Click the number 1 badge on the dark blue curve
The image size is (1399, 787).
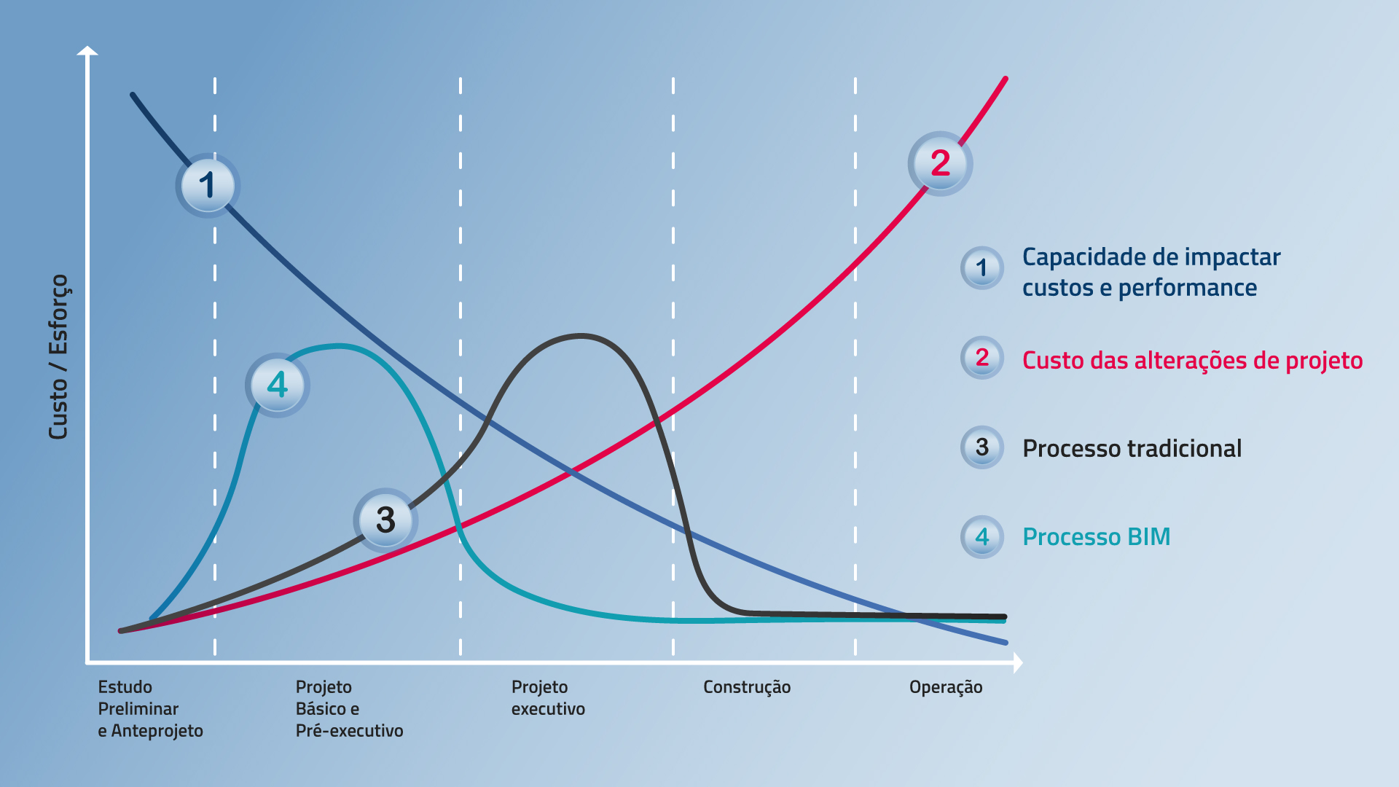208,185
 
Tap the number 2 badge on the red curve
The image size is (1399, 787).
940,163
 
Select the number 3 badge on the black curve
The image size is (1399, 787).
385,520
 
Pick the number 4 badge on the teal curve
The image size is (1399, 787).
278,385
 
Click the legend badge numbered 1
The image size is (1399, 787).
982,268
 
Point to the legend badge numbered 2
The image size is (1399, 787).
982,358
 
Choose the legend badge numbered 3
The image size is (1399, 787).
982,447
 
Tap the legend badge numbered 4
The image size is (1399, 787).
982,537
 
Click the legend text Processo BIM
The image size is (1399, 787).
1097,537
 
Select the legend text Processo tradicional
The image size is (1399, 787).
1132,448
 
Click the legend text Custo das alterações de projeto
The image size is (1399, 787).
1192,360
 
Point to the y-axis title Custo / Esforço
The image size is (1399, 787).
58,357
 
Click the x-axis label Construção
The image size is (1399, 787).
747,687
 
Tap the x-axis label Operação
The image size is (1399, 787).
946,687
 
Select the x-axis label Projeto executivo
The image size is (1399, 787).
548,697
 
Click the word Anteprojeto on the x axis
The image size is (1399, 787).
157,731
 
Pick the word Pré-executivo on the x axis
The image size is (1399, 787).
349,731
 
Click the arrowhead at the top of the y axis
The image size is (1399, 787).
87,50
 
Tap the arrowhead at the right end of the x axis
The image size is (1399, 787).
1018,662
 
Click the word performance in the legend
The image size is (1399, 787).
1188,289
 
